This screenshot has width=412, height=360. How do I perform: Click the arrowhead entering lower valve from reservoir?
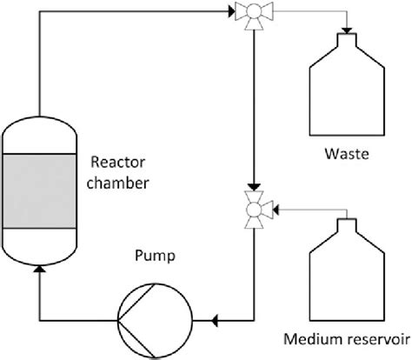(274, 209)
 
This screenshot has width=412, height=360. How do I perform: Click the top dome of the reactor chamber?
(40, 130)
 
